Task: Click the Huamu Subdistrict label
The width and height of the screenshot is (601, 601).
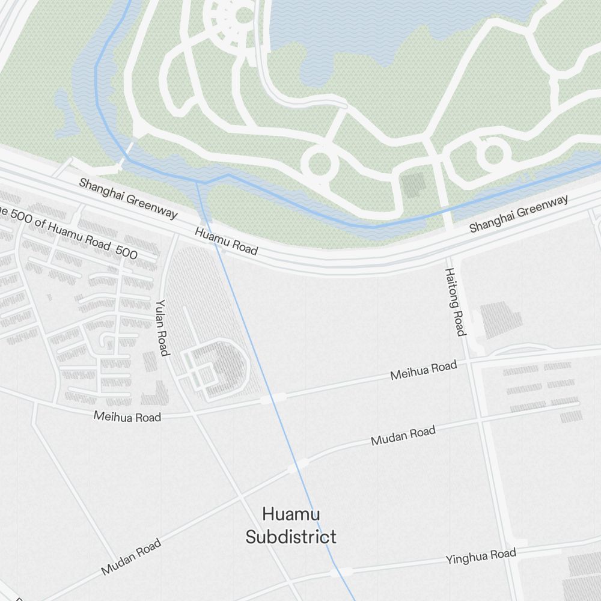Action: (291, 525)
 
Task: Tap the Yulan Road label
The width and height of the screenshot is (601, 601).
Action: (162, 328)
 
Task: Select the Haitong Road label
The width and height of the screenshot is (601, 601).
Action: (455, 302)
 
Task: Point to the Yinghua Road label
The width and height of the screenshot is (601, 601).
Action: (480, 556)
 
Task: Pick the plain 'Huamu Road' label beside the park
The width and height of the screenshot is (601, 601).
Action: (227, 240)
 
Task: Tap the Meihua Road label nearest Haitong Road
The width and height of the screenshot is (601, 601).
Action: (423, 370)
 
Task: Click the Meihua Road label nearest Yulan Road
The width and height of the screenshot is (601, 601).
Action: (127, 416)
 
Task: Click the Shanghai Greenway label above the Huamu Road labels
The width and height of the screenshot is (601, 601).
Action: (128, 198)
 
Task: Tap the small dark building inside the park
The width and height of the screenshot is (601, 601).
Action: (413, 185)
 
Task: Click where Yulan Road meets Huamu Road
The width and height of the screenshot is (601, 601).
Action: (175, 236)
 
